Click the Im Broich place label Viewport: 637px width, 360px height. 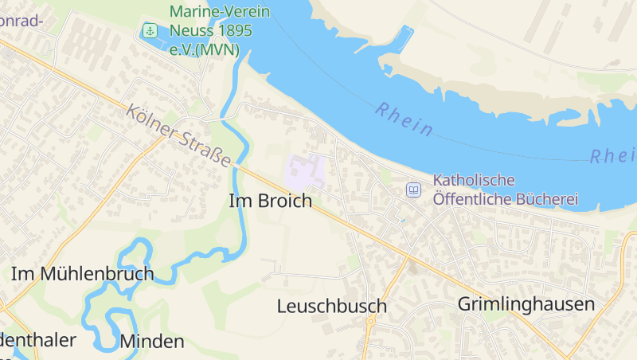270,202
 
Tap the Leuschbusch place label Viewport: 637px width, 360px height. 331,306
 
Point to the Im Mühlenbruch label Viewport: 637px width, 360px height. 82,274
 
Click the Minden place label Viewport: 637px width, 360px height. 151,342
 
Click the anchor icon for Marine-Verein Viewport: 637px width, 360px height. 149,31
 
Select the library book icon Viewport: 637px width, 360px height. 413,190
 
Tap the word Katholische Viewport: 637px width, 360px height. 474,181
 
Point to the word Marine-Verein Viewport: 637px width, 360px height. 220,12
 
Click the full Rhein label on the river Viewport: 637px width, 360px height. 404,119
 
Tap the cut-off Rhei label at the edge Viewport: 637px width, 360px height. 612,155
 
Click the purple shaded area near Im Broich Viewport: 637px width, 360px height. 305,171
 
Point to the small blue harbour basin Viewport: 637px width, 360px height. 403,39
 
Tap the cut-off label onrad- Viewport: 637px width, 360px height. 21,22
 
